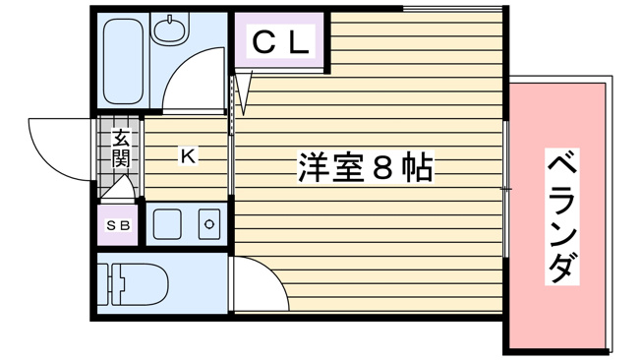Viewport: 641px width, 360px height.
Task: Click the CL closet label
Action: click(x=281, y=42)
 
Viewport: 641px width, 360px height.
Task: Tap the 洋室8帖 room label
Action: click(x=365, y=168)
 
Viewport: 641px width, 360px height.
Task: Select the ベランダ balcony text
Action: click(x=557, y=217)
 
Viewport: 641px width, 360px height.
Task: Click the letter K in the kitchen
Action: click(x=187, y=154)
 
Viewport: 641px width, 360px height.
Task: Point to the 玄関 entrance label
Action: click(x=120, y=147)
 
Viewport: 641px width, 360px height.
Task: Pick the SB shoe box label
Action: click(x=118, y=226)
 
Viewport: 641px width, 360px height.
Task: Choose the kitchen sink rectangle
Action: click(x=166, y=225)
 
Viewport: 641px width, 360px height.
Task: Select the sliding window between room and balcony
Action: click(x=506, y=187)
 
